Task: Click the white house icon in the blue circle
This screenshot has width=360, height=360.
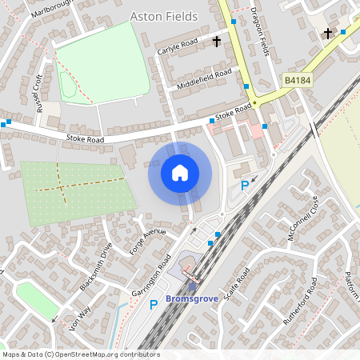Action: point(180,172)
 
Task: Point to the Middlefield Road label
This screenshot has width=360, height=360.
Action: point(205,78)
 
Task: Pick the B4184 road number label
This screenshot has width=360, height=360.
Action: point(298,81)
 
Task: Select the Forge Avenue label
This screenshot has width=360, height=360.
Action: point(148,241)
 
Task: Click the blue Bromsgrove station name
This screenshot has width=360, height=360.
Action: point(192,300)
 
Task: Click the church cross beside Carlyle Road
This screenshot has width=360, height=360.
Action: point(217,39)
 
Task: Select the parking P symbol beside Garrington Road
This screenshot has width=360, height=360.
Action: point(154,304)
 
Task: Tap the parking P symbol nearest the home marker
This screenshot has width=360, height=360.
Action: point(245,186)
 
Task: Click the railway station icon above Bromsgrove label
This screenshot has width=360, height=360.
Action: point(192,286)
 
